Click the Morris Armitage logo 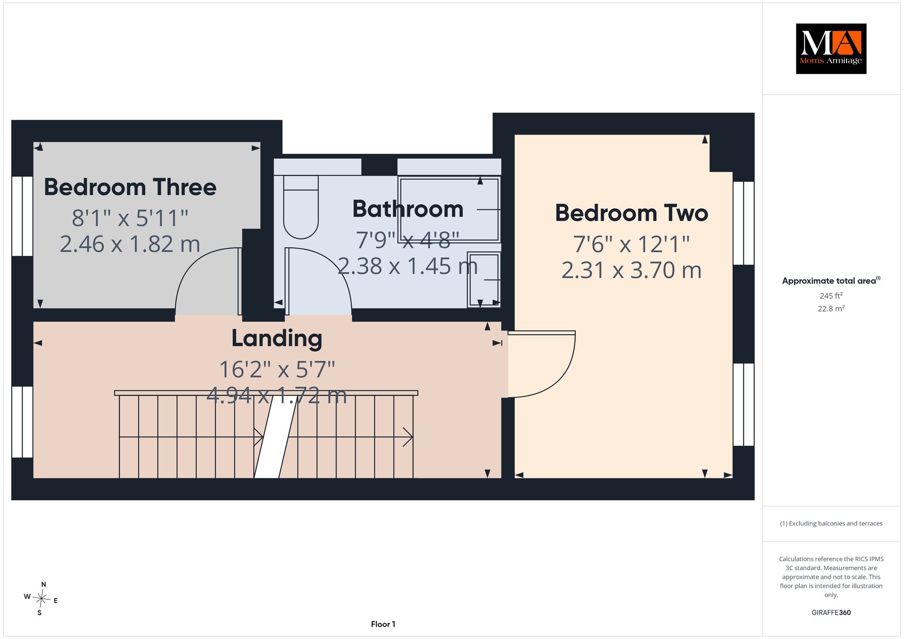[831, 49]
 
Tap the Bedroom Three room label [130, 187]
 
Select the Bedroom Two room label [631, 213]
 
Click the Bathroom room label [408, 209]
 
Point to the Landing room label [277, 339]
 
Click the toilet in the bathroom [301, 207]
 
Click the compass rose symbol [41, 599]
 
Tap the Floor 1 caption [383, 624]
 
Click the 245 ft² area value [831, 296]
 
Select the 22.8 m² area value [831, 308]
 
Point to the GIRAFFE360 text [831, 613]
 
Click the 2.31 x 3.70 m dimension [631, 270]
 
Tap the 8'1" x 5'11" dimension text [130, 218]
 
